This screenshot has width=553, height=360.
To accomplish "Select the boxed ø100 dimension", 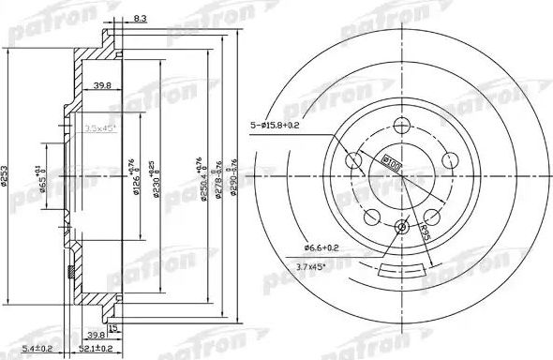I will (x=390, y=163).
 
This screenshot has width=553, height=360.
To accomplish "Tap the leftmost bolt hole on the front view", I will (x=356, y=161).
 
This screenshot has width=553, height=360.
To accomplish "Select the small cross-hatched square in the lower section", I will (x=73, y=273).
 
